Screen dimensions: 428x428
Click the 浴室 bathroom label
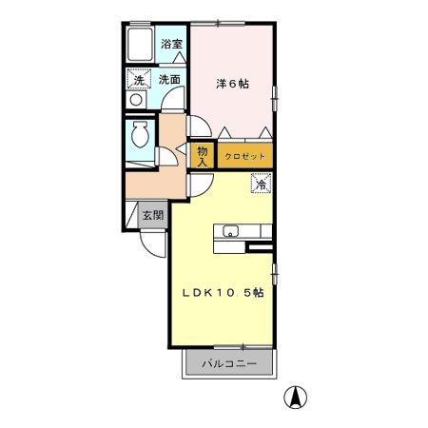coord(171,44)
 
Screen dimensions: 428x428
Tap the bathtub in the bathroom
coord(140,45)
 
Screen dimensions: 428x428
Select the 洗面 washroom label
coord(169,79)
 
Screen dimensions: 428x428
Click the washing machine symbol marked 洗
coord(139,79)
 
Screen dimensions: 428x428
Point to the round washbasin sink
coord(136,100)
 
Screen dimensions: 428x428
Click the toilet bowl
coord(140,134)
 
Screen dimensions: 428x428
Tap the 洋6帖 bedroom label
coord(232,84)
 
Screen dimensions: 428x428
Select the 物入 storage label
coord(202,156)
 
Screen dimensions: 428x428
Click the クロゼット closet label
coord(244,156)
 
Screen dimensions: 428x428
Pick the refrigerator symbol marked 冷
coord(262,184)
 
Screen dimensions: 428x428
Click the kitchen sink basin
coord(230,231)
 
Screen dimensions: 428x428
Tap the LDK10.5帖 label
coord(223,293)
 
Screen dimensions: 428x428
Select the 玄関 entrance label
coord(153,215)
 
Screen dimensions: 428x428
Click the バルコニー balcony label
coord(229,363)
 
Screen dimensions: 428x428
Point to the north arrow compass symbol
coord(296,398)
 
